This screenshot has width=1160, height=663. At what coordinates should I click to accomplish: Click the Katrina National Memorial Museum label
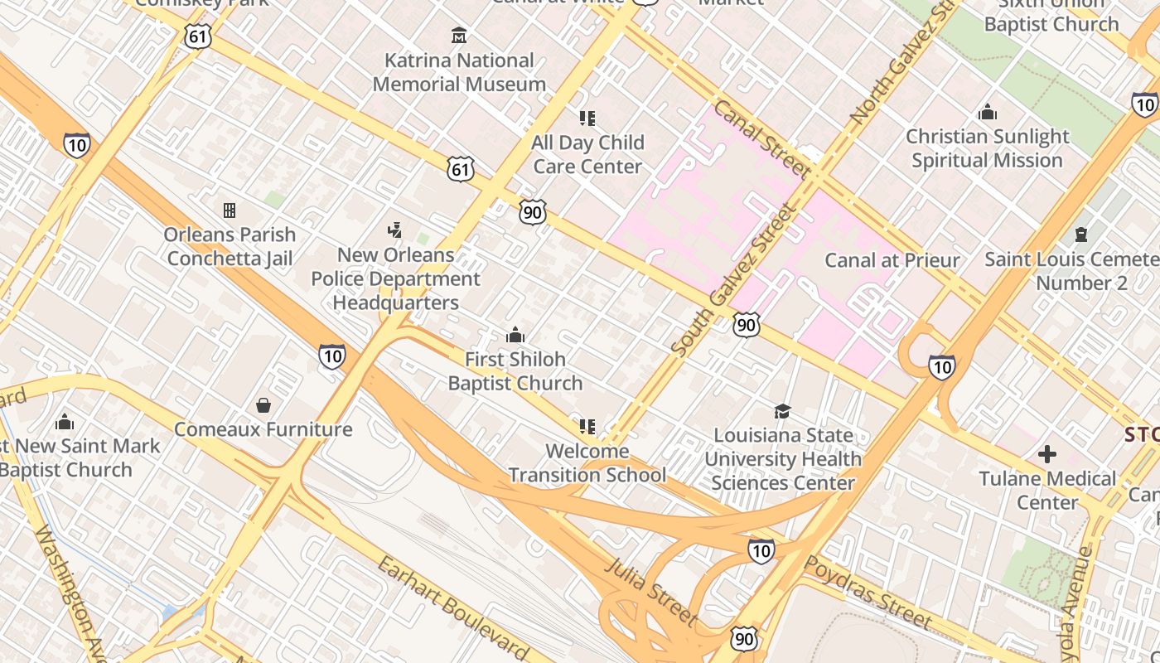pos(459,72)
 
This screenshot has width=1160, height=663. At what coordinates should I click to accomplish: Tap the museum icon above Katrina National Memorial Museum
pos(459,35)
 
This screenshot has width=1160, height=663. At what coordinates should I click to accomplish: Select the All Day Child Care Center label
pos(587,154)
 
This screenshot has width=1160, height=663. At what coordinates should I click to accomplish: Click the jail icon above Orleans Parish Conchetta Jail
pos(230,211)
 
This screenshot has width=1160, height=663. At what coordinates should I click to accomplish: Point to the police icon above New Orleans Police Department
pos(395,230)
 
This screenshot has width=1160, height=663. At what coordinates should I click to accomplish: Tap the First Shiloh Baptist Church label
pos(515,371)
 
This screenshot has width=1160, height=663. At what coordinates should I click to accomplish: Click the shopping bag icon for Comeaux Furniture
pos(263,405)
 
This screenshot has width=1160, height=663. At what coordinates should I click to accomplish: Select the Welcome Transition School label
pos(587,463)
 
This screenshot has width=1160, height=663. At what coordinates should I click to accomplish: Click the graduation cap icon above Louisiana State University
pos(782,411)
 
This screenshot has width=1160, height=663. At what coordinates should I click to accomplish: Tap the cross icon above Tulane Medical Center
pos(1047,454)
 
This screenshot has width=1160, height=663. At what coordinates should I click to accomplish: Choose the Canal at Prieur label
pos(892,260)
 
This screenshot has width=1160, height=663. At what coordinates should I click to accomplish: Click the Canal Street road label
pos(761,139)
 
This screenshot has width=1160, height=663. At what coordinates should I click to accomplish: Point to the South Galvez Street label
pos(732,280)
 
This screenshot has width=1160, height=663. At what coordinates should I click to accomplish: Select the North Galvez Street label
pos(902,68)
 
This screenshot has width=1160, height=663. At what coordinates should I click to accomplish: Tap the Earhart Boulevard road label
pos(452,608)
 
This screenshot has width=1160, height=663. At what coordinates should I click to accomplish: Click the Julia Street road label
pos(651,591)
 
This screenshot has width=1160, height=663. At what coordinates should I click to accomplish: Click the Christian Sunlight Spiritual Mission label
pos(987,148)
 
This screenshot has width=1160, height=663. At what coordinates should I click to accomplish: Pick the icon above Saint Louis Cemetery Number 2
pos(1080,235)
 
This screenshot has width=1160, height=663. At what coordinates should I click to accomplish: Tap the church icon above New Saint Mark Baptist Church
pos(65,423)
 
